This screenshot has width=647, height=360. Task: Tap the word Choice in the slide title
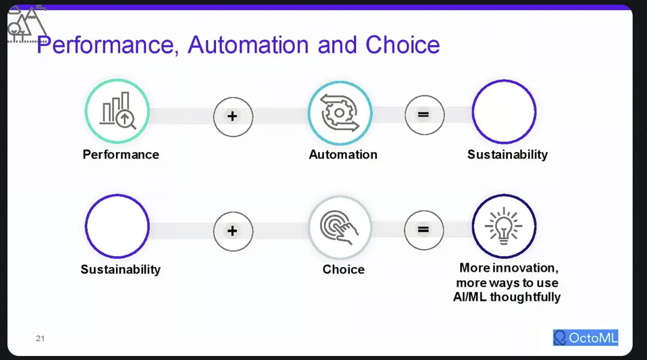click(x=403, y=45)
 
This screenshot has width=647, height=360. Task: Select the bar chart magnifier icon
click(x=117, y=111)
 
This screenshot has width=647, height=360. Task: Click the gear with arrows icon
click(x=340, y=112)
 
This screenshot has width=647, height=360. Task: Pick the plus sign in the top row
click(x=233, y=117)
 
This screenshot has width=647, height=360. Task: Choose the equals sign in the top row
click(x=424, y=115)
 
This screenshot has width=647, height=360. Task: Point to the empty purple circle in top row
click(x=504, y=111)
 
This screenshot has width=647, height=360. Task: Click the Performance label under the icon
click(x=121, y=154)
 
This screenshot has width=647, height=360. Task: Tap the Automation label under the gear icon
click(x=343, y=154)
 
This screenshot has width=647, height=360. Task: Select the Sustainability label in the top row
click(x=507, y=154)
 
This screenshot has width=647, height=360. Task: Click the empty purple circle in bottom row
click(x=117, y=226)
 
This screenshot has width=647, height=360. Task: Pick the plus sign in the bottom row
click(x=233, y=231)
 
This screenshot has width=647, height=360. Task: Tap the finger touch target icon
click(x=340, y=227)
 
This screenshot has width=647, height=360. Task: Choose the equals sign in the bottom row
click(x=424, y=230)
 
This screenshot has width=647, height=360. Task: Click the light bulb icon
click(x=504, y=226)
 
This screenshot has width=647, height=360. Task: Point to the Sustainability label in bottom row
click(x=121, y=269)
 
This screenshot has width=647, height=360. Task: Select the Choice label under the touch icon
click(x=344, y=269)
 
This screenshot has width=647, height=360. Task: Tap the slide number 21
click(x=40, y=339)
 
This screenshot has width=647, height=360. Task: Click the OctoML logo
click(x=586, y=338)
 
